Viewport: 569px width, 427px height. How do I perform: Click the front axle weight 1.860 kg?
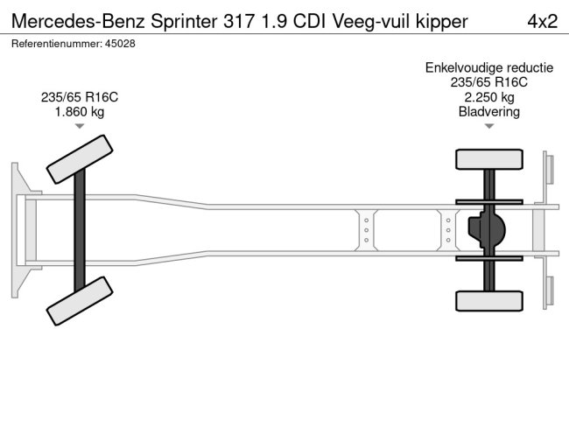(80, 112)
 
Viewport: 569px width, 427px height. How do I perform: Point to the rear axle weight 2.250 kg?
(488, 97)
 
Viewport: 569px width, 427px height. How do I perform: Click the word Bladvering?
(488, 112)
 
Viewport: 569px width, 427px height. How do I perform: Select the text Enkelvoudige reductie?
(488, 67)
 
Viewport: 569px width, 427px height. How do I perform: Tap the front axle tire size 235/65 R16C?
(80, 97)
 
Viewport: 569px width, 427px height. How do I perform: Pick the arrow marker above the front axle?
(80, 128)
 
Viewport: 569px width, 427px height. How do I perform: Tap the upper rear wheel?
(488, 159)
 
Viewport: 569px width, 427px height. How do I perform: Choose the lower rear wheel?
(488, 300)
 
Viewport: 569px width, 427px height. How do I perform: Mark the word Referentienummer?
(54, 43)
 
